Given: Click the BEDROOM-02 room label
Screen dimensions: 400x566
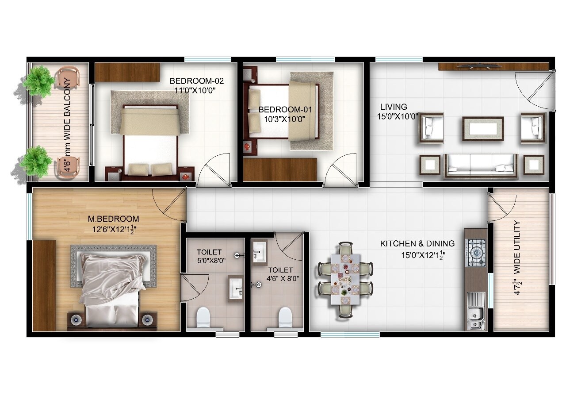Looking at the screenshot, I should point(197,81).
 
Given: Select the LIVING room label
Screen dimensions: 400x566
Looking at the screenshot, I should point(394,107).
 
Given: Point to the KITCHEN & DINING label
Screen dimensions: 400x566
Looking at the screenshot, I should point(417,243).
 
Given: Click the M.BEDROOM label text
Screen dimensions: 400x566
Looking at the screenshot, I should point(114,219).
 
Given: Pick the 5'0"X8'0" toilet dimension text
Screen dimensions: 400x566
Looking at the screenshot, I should point(211,261).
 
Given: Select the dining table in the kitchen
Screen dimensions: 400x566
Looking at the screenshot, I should point(346,279).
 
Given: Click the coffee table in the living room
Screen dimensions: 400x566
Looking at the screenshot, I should point(483,129).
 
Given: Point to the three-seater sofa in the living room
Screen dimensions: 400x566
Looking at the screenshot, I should point(481,165).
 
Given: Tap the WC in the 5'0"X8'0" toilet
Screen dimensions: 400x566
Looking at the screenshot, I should point(203,317).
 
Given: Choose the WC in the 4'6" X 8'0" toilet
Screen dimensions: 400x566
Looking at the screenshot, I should point(285,317).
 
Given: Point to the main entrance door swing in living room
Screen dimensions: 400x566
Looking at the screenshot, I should point(535,88).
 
